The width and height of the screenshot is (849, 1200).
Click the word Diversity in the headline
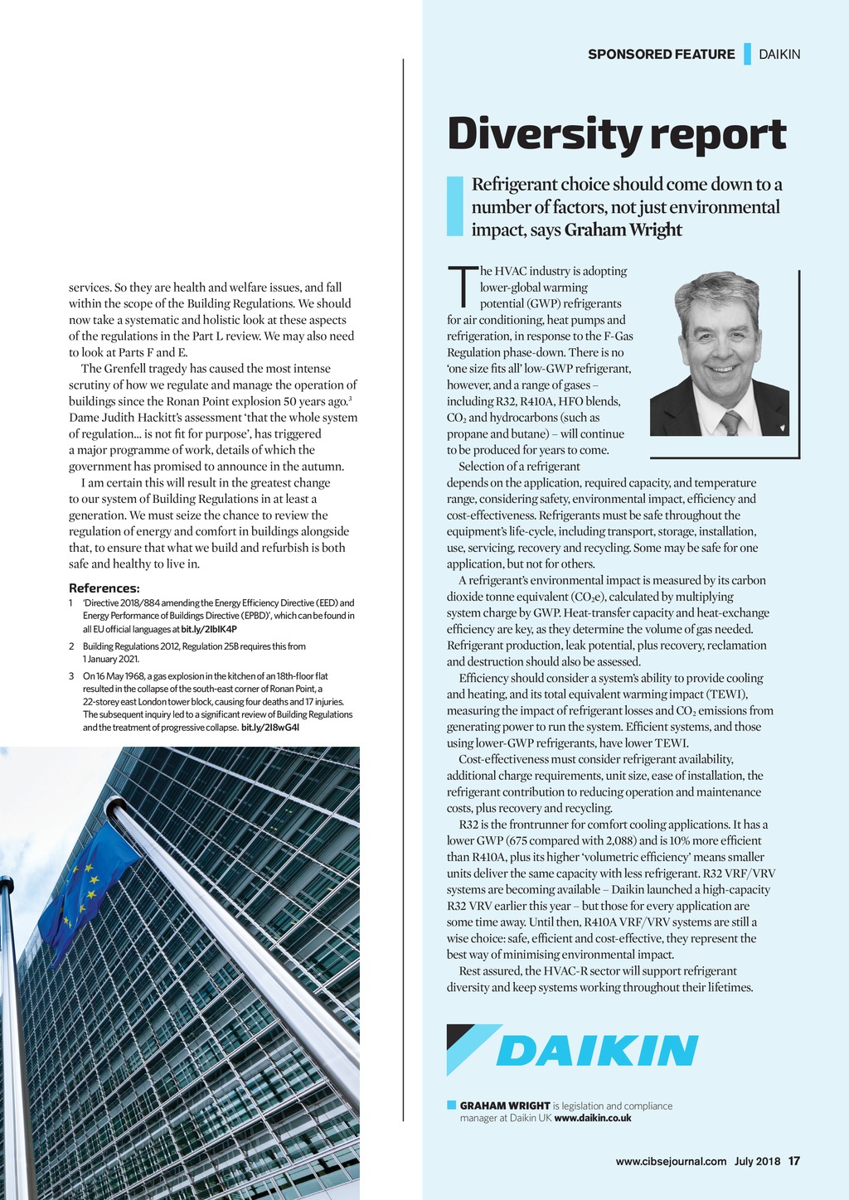click(x=542, y=134)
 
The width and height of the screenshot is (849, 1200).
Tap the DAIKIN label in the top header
click(x=779, y=55)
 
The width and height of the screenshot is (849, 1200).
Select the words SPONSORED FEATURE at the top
click(x=661, y=55)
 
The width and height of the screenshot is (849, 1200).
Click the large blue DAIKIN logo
click(x=597, y=1051)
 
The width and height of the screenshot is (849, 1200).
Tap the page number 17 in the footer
click(x=794, y=1161)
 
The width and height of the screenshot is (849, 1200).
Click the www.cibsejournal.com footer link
click(x=671, y=1161)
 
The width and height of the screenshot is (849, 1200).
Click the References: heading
click(x=104, y=588)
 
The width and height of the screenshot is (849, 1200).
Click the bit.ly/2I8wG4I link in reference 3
click(x=269, y=728)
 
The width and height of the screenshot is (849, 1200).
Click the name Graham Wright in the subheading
click(x=623, y=230)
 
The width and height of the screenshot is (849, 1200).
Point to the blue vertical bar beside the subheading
click(x=454, y=206)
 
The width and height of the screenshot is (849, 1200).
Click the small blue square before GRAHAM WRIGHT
click(x=451, y=1105)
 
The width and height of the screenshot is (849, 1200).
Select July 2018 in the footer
click(x=757, y=1161)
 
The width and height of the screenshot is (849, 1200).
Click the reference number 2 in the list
click(x=72, y=646)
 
